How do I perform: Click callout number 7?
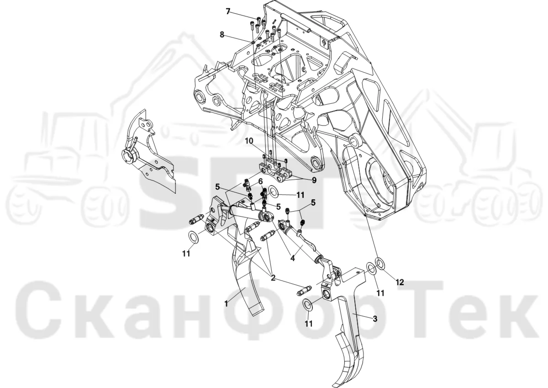coord(228,11)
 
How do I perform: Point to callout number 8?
coord(222,35)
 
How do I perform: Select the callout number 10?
coord(249,141)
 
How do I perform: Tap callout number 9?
coord(314,181)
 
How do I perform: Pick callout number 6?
coord(260,181)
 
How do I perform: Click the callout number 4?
coord(292,258)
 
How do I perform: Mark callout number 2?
coord(273,277)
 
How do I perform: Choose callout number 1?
coord(226,304)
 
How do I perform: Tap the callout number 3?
coord(375,319)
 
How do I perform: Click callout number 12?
coord(400,282)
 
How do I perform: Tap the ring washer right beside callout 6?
coord(274,191)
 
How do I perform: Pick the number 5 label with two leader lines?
coord(313,203)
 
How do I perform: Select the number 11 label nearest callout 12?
coord(380,293)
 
